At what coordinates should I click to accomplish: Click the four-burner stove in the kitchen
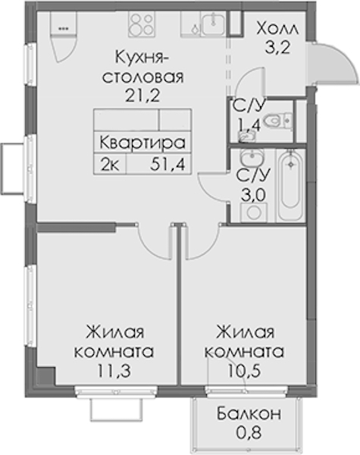141,24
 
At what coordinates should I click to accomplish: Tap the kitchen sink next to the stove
213,24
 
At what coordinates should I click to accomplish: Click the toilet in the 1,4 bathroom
277,121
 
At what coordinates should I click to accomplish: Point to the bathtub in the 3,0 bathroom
291,185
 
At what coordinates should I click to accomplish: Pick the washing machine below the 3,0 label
254,212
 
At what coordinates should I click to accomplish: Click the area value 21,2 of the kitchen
142,95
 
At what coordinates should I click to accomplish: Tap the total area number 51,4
167,165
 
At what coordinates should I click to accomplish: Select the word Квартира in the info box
142,143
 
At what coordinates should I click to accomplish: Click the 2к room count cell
109,165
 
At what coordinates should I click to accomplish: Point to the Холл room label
277,29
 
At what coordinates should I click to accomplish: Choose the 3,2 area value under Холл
277,48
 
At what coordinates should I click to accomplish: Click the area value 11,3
114,371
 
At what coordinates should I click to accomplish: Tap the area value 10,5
244,371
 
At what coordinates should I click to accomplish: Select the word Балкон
249,413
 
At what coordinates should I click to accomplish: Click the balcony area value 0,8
249,432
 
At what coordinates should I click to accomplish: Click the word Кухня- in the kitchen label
142,58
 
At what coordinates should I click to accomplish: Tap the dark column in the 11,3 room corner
47,376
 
